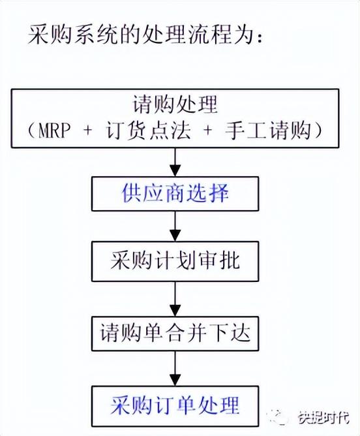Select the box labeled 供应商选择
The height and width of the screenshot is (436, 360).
click(x=175, y=194)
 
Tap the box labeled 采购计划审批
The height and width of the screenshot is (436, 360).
click(x=175, y=261)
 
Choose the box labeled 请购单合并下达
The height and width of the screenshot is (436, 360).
click(x=175, y=333)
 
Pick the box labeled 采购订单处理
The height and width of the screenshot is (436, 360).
click(x=175, y=406)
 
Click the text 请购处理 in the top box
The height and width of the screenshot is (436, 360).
click(x=175, y=104)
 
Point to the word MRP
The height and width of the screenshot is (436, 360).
click(x=54, y=131)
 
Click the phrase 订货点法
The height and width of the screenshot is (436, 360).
click(x=149, y=131)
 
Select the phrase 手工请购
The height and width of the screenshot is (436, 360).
click(x=268, y=131)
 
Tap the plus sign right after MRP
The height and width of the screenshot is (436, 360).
click(x=88, y=131)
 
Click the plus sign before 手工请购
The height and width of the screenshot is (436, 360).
click(x=208, y=131)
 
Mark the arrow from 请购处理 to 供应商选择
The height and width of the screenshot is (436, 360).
click(x=175, y=162)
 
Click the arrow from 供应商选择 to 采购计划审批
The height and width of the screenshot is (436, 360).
click(x=175, y=226)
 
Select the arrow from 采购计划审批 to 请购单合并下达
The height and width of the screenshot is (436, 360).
click(x=175, y=299)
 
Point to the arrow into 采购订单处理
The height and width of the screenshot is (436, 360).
click(x=175, y=368)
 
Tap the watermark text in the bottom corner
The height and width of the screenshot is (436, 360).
click(x=324, y=417)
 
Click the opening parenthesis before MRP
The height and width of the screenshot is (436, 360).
click(x=31, y=131)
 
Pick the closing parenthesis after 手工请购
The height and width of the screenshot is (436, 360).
click(x=318, y=131)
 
